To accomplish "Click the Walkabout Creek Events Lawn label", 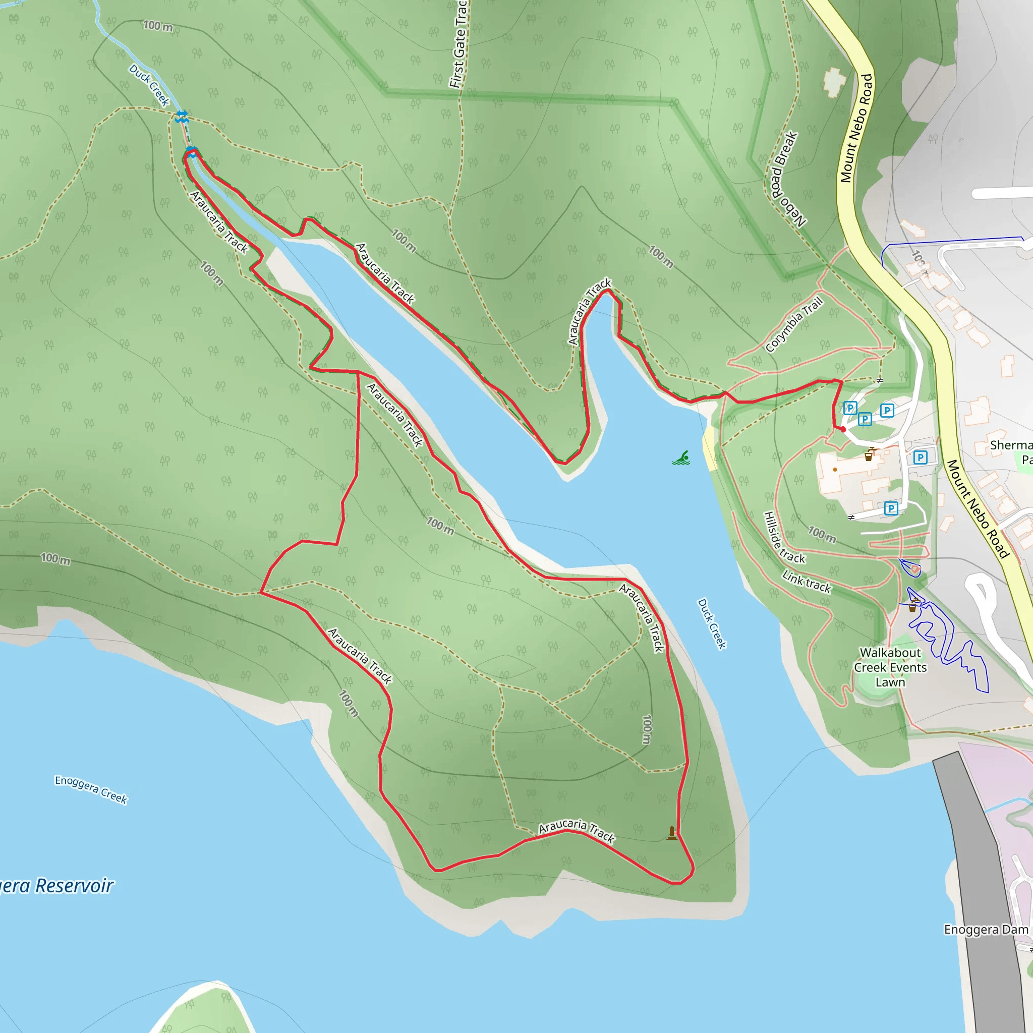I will [x=890, y=667].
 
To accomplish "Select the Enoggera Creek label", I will [x=91, y=789].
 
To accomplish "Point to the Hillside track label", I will [x=783, y=537].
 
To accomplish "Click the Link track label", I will [x=807, y=582].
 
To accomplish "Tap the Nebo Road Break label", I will [x=787, y=179].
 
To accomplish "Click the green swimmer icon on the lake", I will [x=680, y=458].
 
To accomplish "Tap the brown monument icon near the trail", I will [x=671, y=833].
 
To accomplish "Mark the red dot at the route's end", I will [x=843, y=429].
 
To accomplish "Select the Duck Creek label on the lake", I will [x=712, y=623].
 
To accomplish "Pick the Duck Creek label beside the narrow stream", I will [x=149, y=85].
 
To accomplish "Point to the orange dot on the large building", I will [x=835, y=470].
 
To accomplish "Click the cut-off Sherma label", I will [x=1010, y=445].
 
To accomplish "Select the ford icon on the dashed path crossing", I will [x=182, y=117].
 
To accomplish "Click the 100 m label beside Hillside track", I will [x=822, y=534].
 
